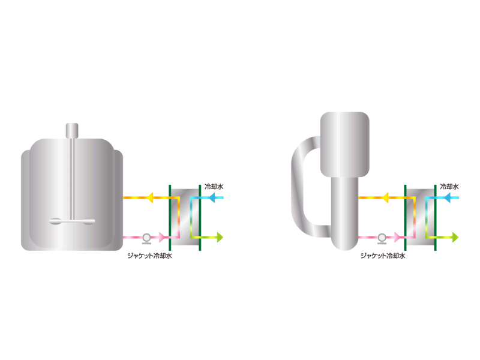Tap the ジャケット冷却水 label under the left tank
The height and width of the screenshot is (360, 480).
tap(149, 254)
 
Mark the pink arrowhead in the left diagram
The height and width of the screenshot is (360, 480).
tap(163, 238)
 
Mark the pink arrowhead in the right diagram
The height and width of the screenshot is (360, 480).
tap(398, 238)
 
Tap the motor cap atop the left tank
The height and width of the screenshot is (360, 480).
tap(72, 129)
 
